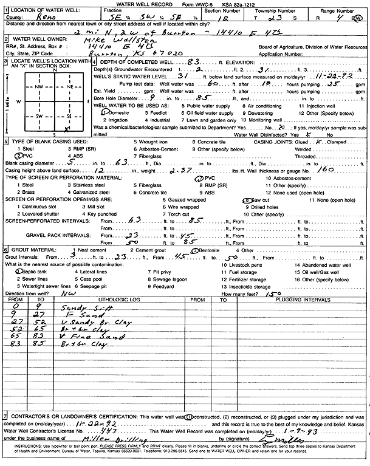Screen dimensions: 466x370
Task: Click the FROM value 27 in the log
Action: tap(16, 322)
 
